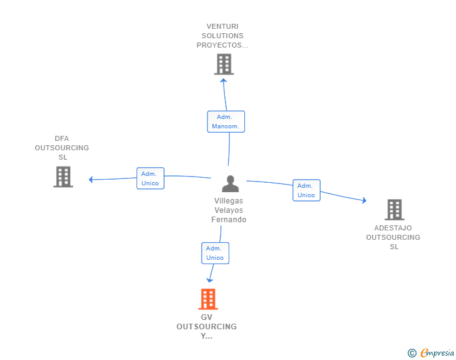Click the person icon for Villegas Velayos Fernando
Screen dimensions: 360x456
coord(231,184)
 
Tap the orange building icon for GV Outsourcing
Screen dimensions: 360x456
coord(207,299)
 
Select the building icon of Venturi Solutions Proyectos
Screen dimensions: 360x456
coord(224,64)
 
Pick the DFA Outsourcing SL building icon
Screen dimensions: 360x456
coord(63,177)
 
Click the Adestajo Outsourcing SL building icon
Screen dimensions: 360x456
coord(394,210)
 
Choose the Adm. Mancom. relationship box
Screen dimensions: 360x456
coord(226,121)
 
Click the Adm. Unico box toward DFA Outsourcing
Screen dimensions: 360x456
coord(150,178)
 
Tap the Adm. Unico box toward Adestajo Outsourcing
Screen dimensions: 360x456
coord(306,190)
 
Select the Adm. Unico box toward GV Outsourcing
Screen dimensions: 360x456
coord(215,253)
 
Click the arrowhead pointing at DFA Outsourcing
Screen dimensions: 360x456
coord(91,180)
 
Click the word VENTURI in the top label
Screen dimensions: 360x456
coord(224,26)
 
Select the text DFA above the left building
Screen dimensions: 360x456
coord(61,138)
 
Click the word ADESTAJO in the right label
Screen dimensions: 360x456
coord(393,228)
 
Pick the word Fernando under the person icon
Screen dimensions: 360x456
coord(229,220)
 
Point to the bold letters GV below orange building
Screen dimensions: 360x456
coord(207,317)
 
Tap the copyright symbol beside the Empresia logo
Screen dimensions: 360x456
coord(412,353)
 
